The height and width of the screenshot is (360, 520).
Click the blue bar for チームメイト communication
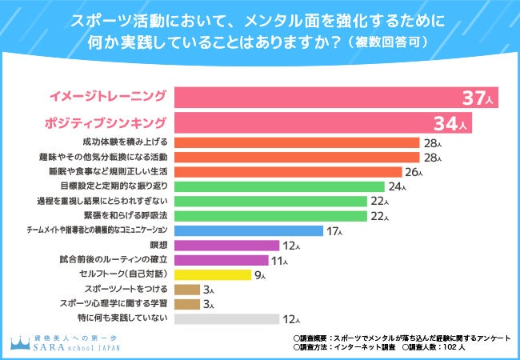pos(249,230)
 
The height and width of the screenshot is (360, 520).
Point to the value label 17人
pos(334,231)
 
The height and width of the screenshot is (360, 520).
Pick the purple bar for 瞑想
pos(226,245)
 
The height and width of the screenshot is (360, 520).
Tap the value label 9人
pos(261,275)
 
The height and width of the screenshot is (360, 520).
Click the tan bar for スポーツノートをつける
pos(186,289)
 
